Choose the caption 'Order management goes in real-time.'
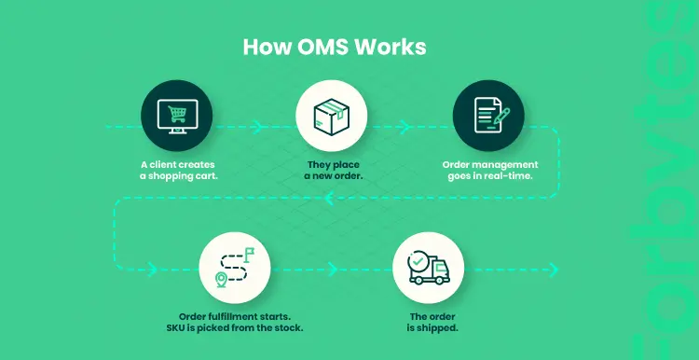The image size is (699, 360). click(x=489, y=171)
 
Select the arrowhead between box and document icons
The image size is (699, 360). click(x=405, y=123)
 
